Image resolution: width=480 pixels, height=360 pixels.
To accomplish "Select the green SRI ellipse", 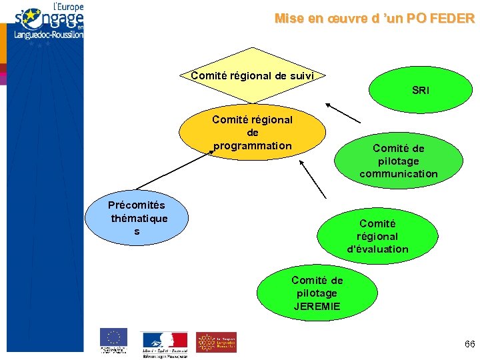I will click(420, 90).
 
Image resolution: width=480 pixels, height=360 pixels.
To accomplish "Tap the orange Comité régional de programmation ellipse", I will click(252, 132).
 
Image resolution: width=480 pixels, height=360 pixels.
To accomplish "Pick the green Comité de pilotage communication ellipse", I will click(398, 161).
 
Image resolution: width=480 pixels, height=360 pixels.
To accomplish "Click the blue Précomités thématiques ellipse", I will click(138, 217).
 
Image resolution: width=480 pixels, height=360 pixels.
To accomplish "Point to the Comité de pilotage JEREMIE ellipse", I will click(317, 293).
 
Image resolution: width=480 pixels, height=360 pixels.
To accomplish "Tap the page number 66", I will click(469, 344).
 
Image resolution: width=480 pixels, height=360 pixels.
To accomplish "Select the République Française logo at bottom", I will click(164, 341).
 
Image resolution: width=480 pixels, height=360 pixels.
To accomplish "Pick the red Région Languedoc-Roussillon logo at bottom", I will click(216, 341).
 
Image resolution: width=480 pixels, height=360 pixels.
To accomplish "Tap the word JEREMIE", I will click(317, 306).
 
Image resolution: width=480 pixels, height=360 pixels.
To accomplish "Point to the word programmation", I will click(252, 145).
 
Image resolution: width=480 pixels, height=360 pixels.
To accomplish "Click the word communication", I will click(398, 174).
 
